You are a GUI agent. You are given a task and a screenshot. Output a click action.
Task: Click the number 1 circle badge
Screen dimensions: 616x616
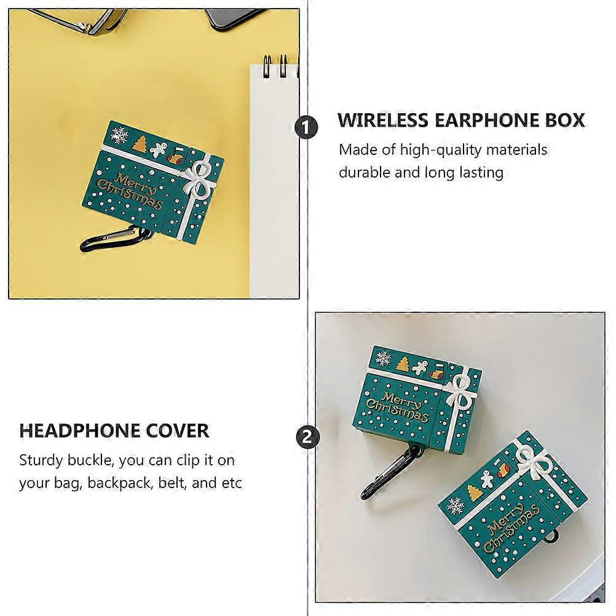306,127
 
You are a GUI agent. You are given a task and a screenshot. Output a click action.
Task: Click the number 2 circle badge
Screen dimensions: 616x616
307,436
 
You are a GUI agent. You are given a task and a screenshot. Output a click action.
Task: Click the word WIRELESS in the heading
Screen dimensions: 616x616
382,120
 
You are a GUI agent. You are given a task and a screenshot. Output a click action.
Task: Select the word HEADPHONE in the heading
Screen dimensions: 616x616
79,430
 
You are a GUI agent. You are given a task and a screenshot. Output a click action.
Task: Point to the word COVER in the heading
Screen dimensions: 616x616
178,430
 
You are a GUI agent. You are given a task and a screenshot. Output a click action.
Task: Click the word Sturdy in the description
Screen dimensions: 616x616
41,460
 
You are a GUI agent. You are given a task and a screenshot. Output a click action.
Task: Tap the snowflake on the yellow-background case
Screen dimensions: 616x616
119,135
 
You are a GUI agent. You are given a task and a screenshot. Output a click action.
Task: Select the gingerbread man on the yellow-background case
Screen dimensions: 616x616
159,149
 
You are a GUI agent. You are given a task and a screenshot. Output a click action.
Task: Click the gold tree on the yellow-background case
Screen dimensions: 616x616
140,144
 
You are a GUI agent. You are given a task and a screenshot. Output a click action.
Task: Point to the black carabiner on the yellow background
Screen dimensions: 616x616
114,239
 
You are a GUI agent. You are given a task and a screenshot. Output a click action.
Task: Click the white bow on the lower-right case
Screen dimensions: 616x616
535,462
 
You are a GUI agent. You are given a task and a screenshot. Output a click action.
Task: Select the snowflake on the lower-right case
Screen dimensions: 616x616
456,505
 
